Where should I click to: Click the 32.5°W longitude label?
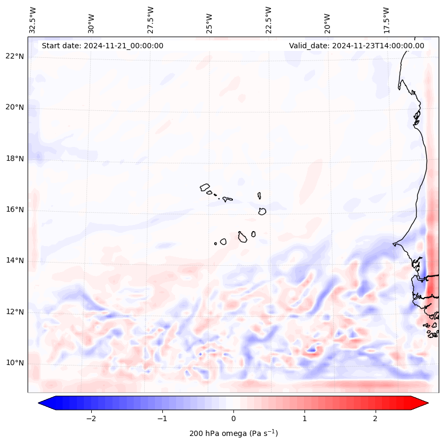pos(32,20)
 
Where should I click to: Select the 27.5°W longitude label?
pos(151,20)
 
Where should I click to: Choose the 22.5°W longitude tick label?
pos(268,20)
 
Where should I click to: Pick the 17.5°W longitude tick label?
pos(386,20)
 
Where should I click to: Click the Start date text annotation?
pos(102,46)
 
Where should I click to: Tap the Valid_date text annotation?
pos(356,46)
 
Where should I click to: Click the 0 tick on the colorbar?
pos(233,418)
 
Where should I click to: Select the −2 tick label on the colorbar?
pos(91,418)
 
